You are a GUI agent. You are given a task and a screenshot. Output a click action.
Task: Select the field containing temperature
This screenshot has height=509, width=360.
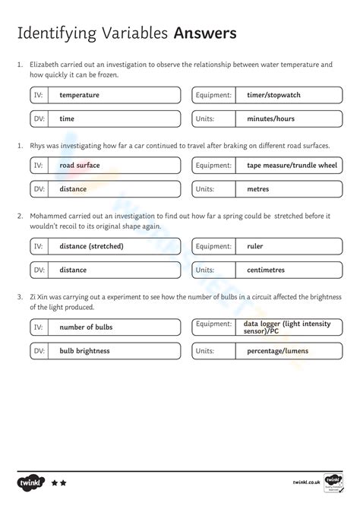point(79,95)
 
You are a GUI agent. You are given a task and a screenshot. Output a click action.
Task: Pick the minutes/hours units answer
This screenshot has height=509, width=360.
point(270,119)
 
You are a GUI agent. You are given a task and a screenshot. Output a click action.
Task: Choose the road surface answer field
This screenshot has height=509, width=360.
point(81,165)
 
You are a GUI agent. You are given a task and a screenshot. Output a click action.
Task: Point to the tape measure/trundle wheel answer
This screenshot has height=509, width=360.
point(292,165)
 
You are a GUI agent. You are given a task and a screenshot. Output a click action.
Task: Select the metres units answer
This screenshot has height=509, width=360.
point(258,189)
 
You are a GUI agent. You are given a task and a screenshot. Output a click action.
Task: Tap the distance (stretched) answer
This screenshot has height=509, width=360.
point(91,246)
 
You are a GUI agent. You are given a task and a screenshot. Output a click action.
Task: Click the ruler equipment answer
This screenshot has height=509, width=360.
point(255,246)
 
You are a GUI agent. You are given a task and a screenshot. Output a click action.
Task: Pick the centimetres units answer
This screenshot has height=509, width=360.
point(267,270)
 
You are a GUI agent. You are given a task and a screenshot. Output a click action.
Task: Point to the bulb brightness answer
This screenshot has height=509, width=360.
point(84,351)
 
